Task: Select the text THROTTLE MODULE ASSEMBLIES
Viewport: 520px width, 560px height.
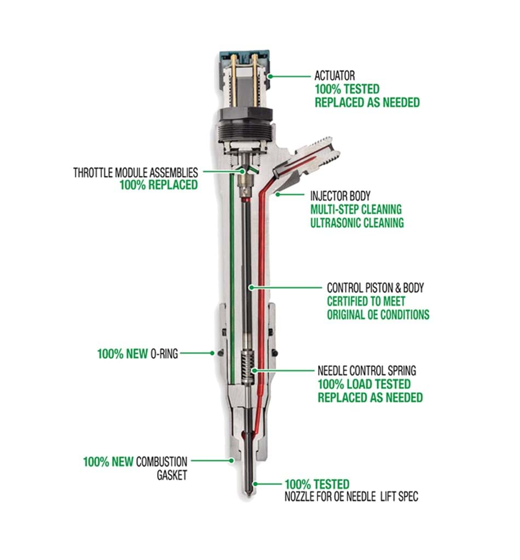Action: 135,172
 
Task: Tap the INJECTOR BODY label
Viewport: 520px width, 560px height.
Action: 340,195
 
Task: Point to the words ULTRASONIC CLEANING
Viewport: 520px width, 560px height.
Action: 357,223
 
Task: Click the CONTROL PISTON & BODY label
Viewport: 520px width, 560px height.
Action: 375,287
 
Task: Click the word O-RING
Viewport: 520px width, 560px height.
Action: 164,354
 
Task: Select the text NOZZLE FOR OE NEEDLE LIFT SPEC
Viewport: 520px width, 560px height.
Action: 351,497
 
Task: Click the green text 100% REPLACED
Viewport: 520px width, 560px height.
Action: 158,185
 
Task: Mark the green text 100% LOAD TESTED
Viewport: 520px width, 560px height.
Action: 363,384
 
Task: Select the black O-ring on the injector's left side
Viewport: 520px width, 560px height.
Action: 218,353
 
